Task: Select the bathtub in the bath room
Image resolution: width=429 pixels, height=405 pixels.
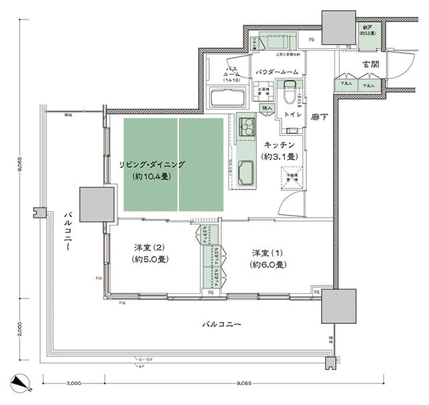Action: pyautogui.click(x=229, y=98)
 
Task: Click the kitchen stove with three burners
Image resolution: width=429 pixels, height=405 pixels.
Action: pyautogui.click(x=246, y=125)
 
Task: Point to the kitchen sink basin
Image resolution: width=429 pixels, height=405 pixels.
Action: pyautogui.click(x=246, y=173)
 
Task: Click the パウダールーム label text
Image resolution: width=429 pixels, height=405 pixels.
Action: pyautogui.click(x=278, y=72)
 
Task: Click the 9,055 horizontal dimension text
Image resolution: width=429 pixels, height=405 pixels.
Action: pyautogui.click(x=245, y=384)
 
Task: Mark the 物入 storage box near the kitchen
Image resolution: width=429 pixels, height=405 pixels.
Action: pyautogui.click(x=267, y=108)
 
